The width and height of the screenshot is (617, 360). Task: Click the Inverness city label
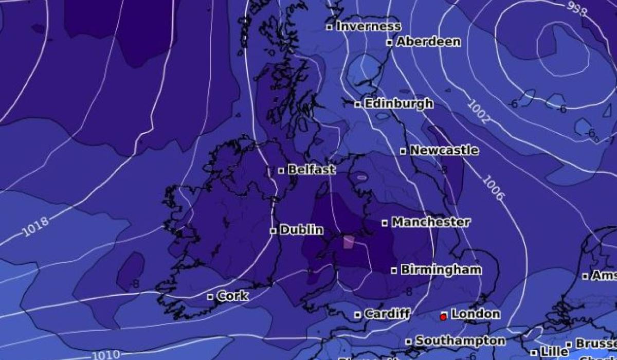[368, 26]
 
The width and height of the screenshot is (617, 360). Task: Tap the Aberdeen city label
[428, 42]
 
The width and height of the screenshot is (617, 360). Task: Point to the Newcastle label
[444, 151]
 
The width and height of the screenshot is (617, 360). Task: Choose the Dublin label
[301, 230]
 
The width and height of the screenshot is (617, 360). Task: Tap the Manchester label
[430, 222]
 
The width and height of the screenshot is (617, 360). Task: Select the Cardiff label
[387, 314]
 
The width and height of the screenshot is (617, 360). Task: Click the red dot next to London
[443, 317]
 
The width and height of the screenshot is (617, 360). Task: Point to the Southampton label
[460, 340]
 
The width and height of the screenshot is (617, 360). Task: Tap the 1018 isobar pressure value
[36, 227]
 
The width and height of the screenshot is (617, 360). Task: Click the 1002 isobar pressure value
[478, 112]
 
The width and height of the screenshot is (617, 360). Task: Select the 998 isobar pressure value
[576, 9]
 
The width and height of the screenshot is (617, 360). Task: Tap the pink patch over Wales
[349, 242]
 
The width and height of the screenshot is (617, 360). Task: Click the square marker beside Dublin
[273, 231]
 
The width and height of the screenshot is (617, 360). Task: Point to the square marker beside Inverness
[330, 27]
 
